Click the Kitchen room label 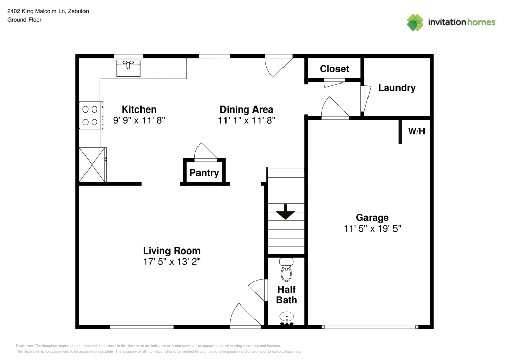[139, 109]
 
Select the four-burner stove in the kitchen [91, 115]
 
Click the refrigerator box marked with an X [93, 164]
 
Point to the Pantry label [204, 173]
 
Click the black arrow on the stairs [285, 212]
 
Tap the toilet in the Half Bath [287, 270]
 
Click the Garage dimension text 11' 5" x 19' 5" [372, 229]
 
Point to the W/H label [416, 131]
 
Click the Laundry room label [397, 88]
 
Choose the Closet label [334, 69]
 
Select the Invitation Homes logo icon [415, 22]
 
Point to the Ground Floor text [24, 20]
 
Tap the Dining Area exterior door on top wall [277, 65]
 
